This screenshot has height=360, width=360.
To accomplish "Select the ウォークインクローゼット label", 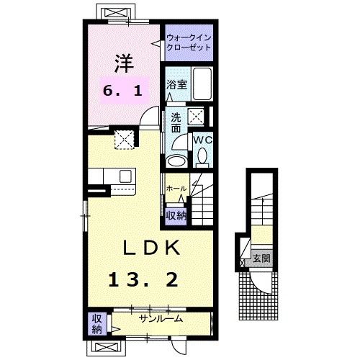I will click(189, 41).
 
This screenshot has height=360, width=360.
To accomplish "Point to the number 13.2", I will click(143, 279).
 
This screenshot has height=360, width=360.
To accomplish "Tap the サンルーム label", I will click(160, 318).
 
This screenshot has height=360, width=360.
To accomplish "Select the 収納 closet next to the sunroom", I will click(96, 323).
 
